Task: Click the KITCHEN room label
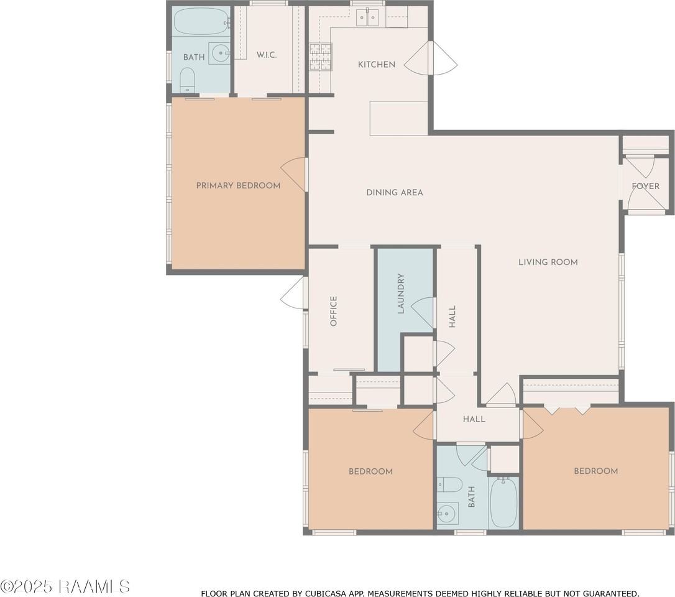pyautogui.click(x=377, y=65)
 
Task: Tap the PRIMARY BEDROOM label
pyautogui.click(x=238, y=186)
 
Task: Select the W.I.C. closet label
pyautogui.click(x=267, y=55)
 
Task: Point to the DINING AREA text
pyautogui.click(x=394, y=193)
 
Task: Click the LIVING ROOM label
pyautogui.click(x=548, y=262)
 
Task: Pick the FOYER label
pyautogui.click(x=645, y=186)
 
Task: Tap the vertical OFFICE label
pyautogui.click(x=333, y=311)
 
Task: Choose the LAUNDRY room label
pyautogui.click(x=401, y=294)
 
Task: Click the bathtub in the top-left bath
pyautogui.click(x=201, y=21)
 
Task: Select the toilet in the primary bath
pyautogui.click(x=187, y=80)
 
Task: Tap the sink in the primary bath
pyautogui.click(x=219, y=53)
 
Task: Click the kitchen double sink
pyautogui.click(x=367, y=17)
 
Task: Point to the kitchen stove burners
pyautogui.click(x=321, y=57)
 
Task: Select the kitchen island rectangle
pyautogui.click(x=398, y=118)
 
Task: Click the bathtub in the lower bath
pyautogui.click(x=503, y=502)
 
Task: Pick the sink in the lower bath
pyautogui.click(x=448, y=514)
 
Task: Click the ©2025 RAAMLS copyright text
pyautogui.click(x=65, y=586)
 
